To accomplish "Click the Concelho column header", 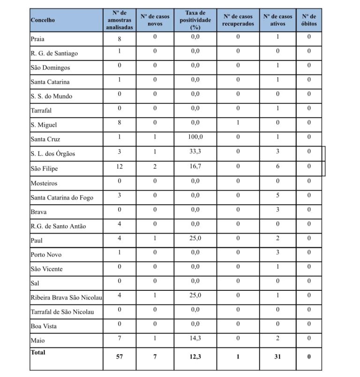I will [x=43, y=20].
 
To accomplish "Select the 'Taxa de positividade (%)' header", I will [x=195, y=20].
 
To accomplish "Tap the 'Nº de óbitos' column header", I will [x=309, y=20].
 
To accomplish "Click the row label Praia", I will [x=38, y=39].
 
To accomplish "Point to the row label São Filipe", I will [x=44, y=169].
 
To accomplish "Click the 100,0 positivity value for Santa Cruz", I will [x=195, y=137].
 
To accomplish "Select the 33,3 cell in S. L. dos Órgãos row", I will [x=195, y=151].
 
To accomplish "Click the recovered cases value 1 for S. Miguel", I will [x=238, y=123].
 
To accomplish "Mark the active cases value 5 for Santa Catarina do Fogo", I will [x=277, y=195].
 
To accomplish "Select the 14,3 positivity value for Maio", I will [x=195, y=338].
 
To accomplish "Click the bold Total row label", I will [x=38, y=352].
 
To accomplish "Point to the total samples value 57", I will [x=120, y=356].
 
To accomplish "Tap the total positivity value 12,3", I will [x=195, y=356].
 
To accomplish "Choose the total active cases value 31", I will [x=277, y=356].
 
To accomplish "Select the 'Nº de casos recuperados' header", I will [x=238, y=20].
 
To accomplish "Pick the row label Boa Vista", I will [x=44, y=326].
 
